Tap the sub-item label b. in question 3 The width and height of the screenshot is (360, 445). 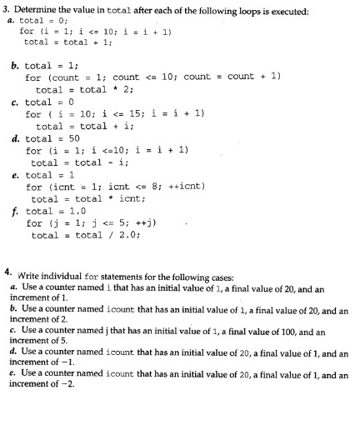point(15,64)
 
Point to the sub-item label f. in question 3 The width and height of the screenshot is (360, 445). point(14,212)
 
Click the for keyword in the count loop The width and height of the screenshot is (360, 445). point(33,77)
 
